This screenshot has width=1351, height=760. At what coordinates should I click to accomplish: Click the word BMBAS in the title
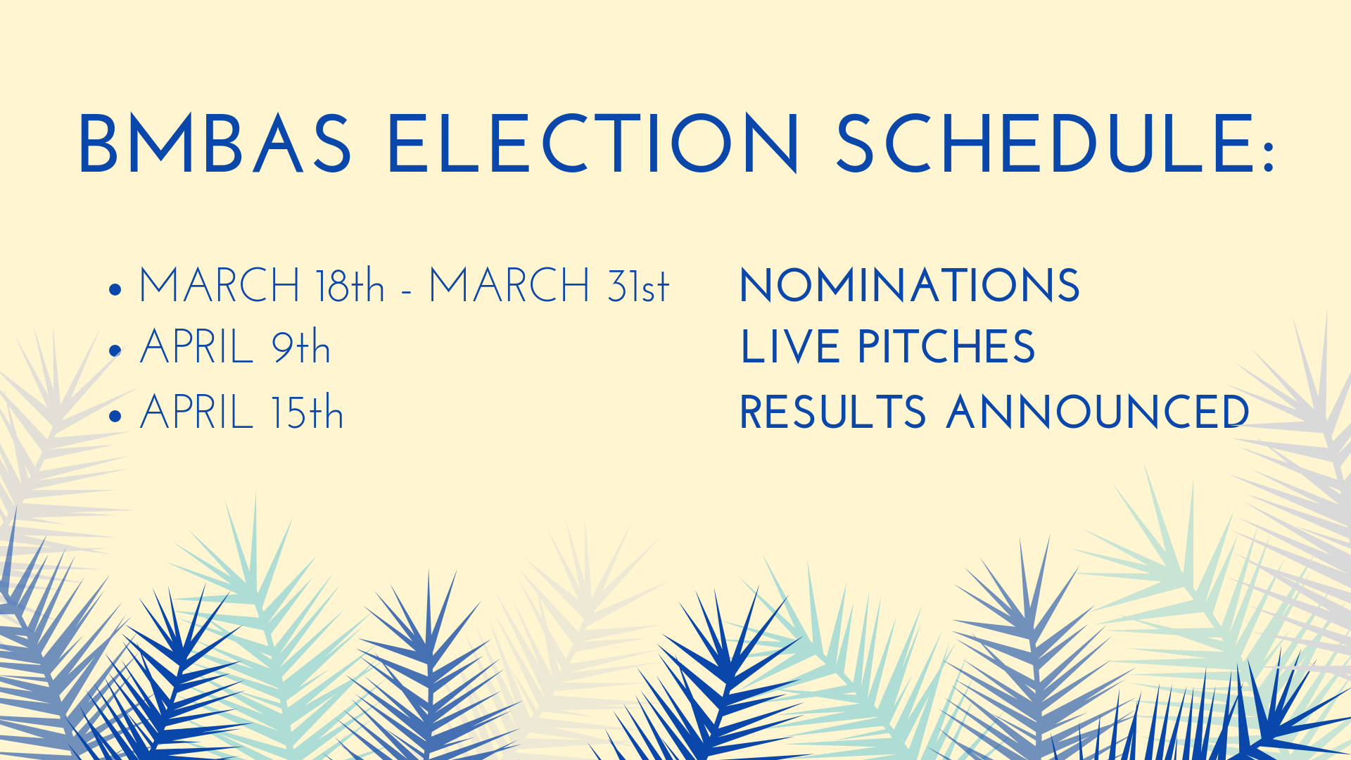point(215,144)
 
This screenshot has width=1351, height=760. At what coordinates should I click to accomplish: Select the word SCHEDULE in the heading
point(1045,144)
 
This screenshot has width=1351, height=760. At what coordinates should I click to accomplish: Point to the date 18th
point(350,286)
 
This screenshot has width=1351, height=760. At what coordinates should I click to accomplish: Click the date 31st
point(638,286)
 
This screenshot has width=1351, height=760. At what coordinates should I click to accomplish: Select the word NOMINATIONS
point(909,286)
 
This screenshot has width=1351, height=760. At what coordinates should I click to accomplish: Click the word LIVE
point(790,347)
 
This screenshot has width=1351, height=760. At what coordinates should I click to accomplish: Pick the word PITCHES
point(946,347)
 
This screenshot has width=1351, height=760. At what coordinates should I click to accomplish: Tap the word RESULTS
point(833,412)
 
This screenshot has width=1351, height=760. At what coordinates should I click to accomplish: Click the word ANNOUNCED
point(1098,412)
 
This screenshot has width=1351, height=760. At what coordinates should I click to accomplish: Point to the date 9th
point(301,346)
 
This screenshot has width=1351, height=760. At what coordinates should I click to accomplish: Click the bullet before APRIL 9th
point(116,350)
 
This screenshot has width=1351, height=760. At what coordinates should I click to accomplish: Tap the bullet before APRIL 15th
point(116,416)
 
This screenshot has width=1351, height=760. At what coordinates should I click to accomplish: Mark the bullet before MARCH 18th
point(116,289)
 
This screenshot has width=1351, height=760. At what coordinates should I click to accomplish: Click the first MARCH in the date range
point(220,286)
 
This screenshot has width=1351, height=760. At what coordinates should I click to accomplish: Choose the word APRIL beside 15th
point(196,412)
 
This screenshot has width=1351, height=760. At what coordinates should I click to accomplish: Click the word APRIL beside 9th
point(196,347)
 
